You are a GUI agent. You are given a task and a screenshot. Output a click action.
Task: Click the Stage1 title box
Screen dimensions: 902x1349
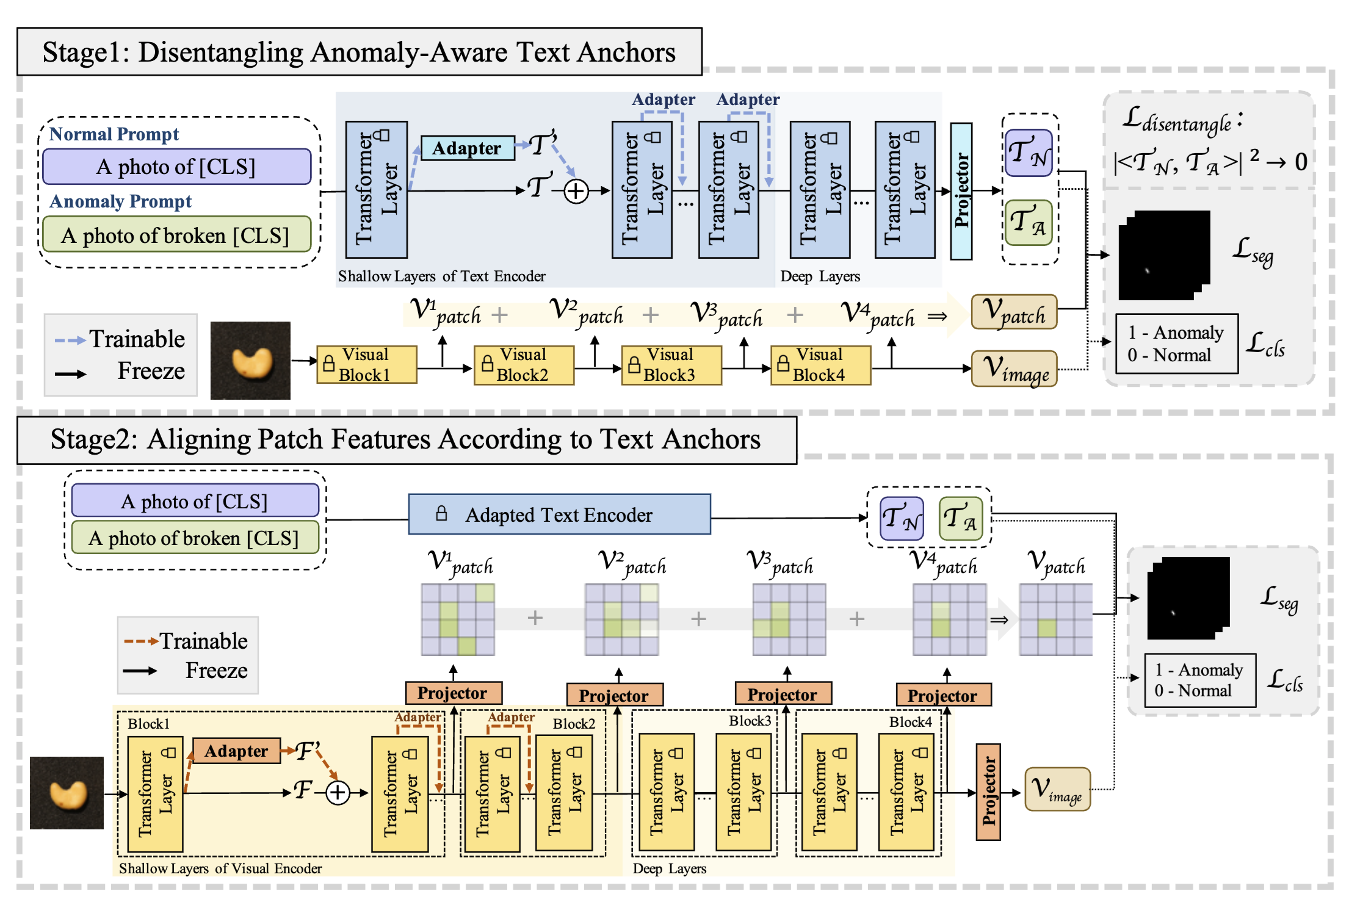coord(359,52)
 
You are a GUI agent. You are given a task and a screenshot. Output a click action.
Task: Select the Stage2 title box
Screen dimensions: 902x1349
coord(407,440)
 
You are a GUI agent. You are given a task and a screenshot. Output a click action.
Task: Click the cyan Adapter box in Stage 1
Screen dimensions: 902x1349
coord(467,148)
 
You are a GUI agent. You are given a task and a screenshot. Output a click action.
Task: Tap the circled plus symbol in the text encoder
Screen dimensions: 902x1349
coord(576,192)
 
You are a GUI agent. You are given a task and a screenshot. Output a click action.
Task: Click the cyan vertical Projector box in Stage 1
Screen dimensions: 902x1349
coord(961,191)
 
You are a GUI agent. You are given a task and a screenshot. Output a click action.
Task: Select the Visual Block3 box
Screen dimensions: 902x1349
coord(671,365)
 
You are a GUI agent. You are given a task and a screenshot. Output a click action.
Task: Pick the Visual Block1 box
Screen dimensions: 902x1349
coord(366,365)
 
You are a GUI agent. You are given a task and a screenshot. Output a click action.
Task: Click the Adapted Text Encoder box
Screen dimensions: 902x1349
coord(559,515)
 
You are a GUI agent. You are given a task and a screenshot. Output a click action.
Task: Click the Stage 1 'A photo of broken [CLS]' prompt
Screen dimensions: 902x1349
coord(176,236)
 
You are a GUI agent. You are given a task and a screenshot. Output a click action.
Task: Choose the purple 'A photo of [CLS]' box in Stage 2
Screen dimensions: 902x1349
coord(195,501)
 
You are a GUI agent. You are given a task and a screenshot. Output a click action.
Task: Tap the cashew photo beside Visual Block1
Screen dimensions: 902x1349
coord(250,361)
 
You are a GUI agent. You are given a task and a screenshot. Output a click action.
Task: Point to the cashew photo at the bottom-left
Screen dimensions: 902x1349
coord(67,793)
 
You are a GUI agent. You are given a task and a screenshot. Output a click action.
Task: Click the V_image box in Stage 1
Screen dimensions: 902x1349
coord(1014,368)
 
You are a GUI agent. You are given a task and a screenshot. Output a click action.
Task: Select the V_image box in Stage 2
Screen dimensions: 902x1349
coord(1057,789)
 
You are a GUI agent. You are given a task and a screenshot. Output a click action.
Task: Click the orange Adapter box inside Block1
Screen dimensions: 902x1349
coord(236,751)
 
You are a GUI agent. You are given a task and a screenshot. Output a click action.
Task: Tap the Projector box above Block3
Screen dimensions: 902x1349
coord(783,695)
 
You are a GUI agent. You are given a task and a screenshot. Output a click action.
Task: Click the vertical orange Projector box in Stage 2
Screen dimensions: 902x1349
coord(988,792)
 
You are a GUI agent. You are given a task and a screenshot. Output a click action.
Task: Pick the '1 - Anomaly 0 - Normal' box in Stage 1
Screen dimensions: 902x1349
coord(1176,344)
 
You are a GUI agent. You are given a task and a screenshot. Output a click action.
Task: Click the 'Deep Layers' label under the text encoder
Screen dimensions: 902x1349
coord(820,276)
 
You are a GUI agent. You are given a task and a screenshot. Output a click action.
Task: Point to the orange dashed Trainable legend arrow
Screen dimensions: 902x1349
coord(141,641)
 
